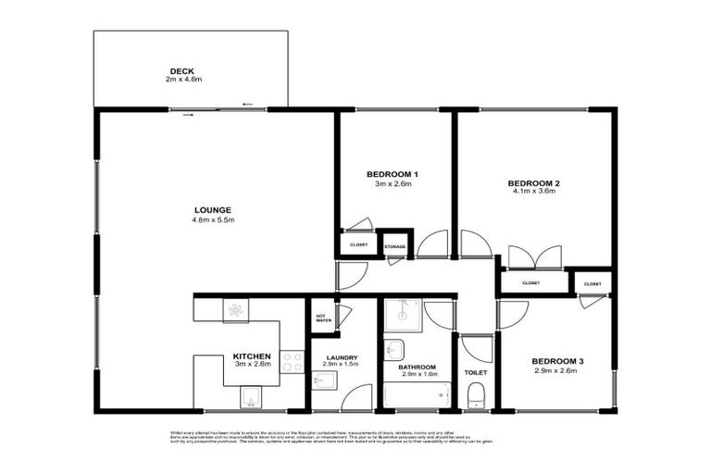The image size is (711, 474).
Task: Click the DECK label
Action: [x=181, y=70]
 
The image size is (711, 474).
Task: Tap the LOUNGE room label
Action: [x=212, y=209]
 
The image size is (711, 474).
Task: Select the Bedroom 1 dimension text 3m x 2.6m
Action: [x=393, y=184]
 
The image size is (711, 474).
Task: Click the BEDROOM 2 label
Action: [x=535, y=182]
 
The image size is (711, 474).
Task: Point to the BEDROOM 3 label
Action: [x=556, y=361]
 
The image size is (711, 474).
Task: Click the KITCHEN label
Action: [x=251, y=355]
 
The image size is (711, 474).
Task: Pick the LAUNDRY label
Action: [x=342, y=357]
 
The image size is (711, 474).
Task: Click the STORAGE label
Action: [x=395, y=246]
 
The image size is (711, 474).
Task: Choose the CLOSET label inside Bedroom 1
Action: [x=358, y=244]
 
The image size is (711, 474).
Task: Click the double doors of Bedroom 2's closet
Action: [x=534, y=256]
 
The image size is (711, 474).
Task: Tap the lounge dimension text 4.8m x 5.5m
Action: [x=214, y=220]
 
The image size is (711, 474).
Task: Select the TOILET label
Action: [x=476, y=372]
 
